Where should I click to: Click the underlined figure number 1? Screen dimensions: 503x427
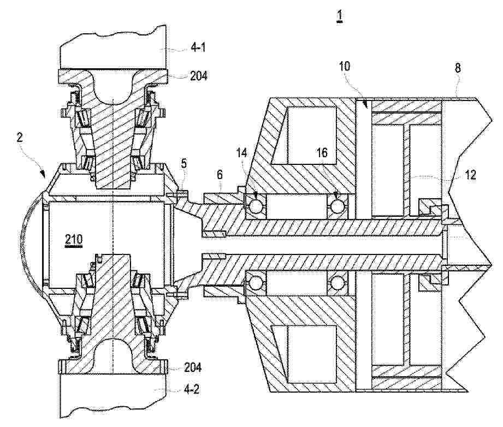(x=339, y=16)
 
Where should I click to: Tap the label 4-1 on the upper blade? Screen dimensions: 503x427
(x=198, y=48)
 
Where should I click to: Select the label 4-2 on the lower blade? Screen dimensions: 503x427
(x=192, y=389)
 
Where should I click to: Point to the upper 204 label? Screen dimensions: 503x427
(x=199, y=76)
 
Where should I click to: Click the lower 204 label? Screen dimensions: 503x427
(x=193, y=367)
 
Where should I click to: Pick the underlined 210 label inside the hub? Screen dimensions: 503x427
(x=74, y=240)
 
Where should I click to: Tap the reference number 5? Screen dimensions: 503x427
(x=183, y=163)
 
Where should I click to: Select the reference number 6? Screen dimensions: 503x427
(x=220, y=175)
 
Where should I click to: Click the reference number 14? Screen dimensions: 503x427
(x=242, y=153)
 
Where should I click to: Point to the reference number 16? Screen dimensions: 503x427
(x=322, y=152)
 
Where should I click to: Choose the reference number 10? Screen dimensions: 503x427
(x=344, y=67)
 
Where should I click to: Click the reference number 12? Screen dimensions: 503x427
(x=470, y=175)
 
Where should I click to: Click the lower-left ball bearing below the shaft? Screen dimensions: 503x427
(x=256, y=283)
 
